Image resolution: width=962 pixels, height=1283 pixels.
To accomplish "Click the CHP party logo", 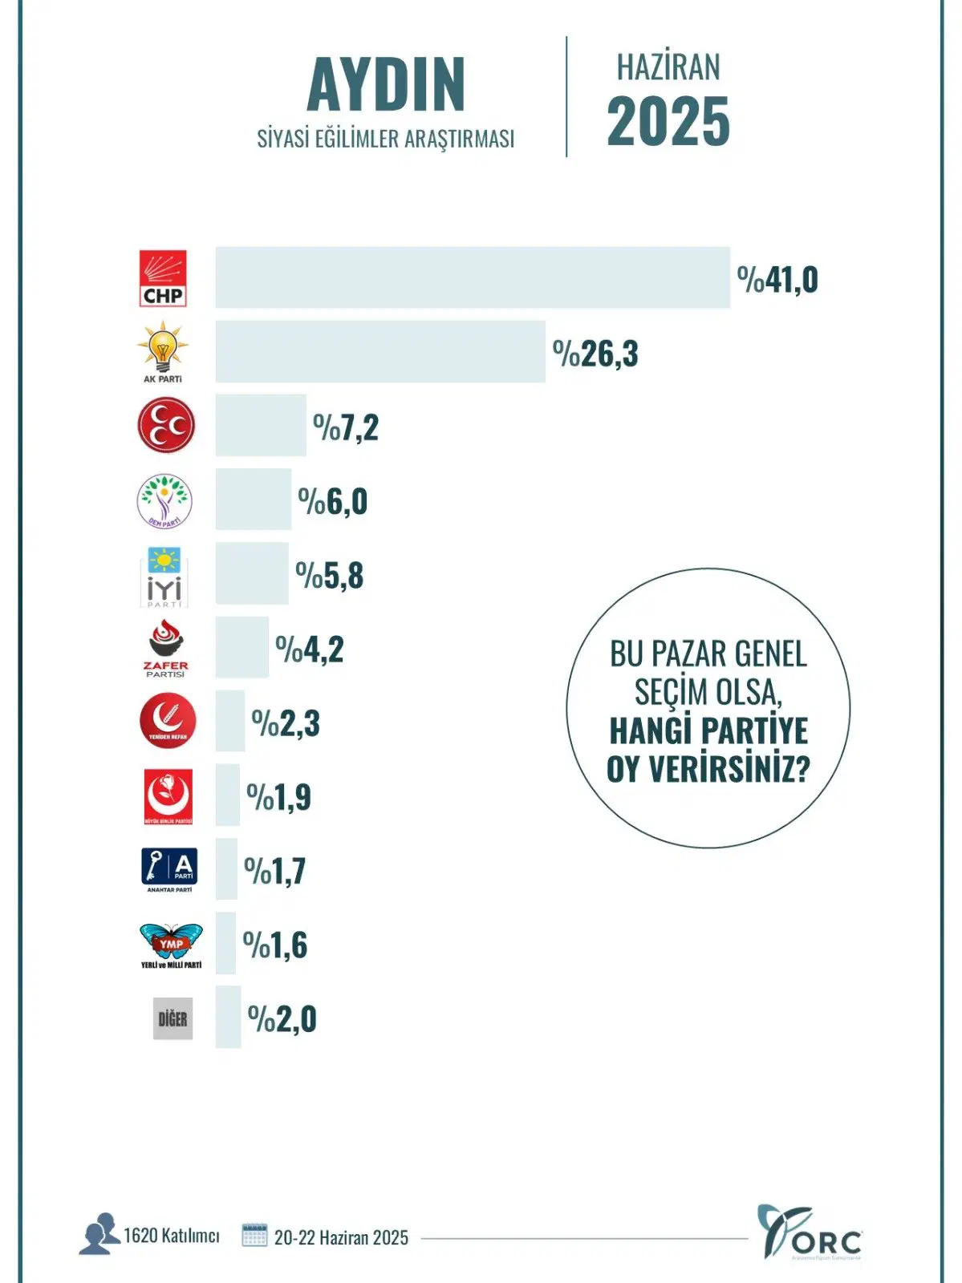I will (x=163, y=278).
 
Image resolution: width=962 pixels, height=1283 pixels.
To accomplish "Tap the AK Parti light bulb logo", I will (x=163, y=351).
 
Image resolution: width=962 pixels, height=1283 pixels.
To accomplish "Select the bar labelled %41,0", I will (x=473, y=277).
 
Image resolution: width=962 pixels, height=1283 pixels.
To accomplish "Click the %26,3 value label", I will (x=595, y=354).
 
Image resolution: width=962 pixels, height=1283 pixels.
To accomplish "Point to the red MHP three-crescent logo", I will (x=166, y=425).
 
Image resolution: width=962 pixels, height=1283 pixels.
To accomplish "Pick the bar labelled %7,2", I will (x=261, y=426).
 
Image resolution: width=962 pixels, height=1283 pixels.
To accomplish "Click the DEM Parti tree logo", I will (x=164, y=500).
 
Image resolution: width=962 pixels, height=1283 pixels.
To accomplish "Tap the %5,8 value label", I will (x=330, y=576).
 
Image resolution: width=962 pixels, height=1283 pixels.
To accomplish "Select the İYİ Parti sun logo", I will (x=164, y=576).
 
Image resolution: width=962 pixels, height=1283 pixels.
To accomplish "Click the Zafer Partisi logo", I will (x=166, y=648).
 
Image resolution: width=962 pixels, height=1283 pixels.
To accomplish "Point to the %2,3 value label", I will (x=286, y=723).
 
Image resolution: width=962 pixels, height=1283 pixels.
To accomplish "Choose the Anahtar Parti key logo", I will (x=169, y=869).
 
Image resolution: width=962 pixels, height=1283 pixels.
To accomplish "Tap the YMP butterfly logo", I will (x=171, y=945).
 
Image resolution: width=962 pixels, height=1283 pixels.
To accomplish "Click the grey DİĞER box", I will (x=173, y=1019).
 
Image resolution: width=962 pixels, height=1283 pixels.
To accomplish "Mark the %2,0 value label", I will (x=282, y=1019).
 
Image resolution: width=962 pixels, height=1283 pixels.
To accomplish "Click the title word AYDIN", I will (x=386, y=85).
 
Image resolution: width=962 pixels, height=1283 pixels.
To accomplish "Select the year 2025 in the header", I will (x=668, y=122).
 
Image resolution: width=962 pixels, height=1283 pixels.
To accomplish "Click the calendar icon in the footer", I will (x=254, y=1235).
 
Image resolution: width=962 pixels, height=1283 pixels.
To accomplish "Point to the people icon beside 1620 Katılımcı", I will (x=99, y=1234).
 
